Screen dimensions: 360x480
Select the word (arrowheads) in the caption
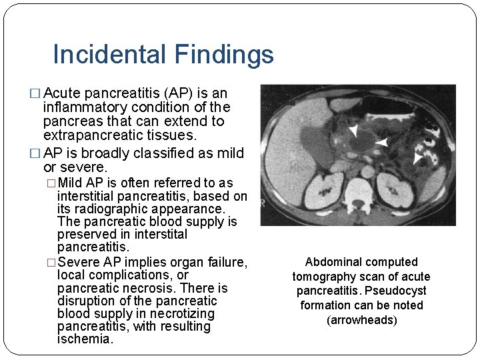pos(362,320)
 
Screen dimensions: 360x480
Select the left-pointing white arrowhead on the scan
pos(381,142)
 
